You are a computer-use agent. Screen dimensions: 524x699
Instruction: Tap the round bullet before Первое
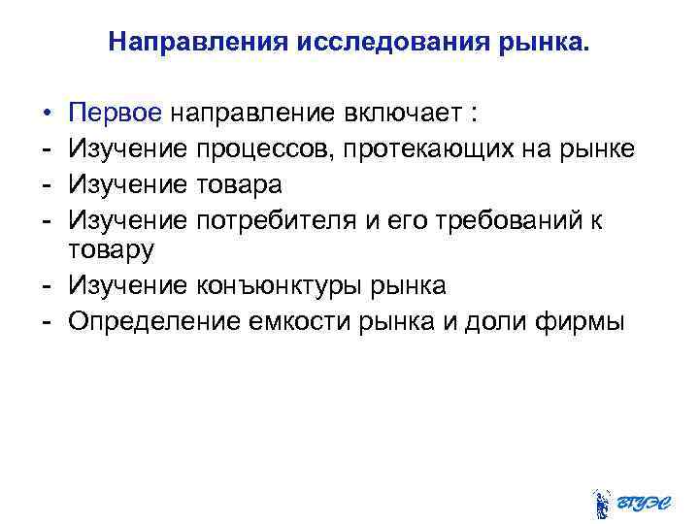pyautogui.click(x=46, y=114)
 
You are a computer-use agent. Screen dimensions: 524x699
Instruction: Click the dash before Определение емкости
pyautogui.click(x=46, y=322)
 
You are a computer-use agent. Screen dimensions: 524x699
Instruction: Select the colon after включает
pyautogui.click(x=472, y=115)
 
